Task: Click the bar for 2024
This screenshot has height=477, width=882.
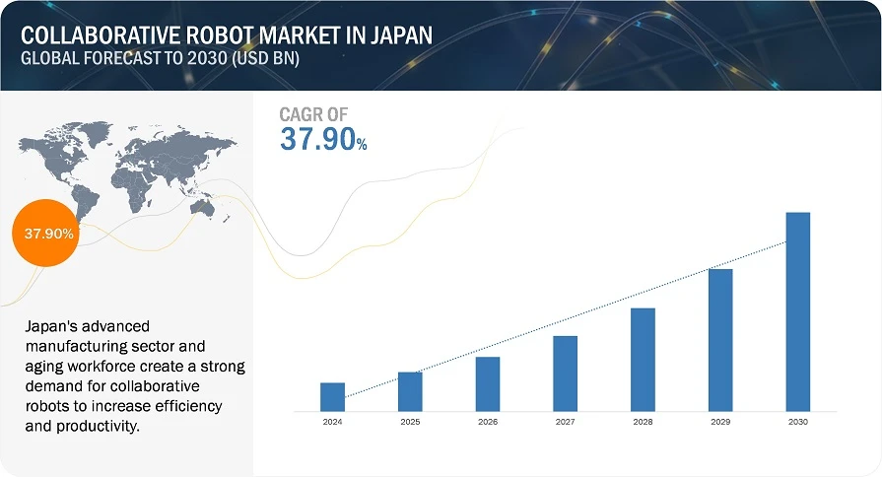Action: click(332, 396)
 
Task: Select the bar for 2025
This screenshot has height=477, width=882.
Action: click(410, 391)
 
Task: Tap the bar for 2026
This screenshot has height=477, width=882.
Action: click(488, 383)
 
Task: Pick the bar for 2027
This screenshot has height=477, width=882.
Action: click(565, 373)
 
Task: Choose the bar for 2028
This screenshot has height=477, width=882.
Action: click(643, 359)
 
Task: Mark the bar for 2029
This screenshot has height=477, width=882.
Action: click(720, 339)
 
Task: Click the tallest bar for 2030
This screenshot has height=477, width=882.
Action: click(797, 311)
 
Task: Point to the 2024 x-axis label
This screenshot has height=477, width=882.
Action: click(332, 421)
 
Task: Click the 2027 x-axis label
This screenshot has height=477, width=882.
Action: click(565, 421)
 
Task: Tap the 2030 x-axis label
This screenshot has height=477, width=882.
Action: click(797, 421)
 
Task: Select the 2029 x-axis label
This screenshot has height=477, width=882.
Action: click(720, 421)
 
